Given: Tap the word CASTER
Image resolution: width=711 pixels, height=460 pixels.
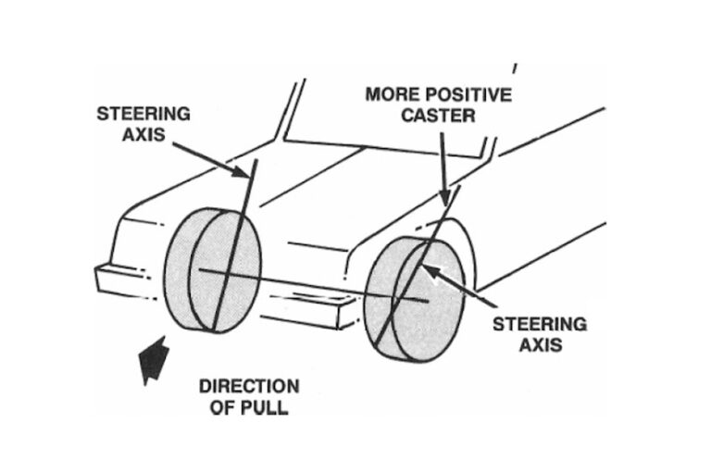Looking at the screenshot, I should point(438,117).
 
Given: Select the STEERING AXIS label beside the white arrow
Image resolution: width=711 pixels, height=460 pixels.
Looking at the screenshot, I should point(539,335).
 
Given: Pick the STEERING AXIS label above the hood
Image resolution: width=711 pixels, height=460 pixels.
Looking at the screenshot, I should point(143,125).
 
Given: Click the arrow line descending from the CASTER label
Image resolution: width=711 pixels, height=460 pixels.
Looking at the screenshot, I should point(443,167).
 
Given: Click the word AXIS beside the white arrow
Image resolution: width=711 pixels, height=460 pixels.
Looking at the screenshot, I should point(539,346).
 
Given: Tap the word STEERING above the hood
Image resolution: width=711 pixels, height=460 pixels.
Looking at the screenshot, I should point(143,114).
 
